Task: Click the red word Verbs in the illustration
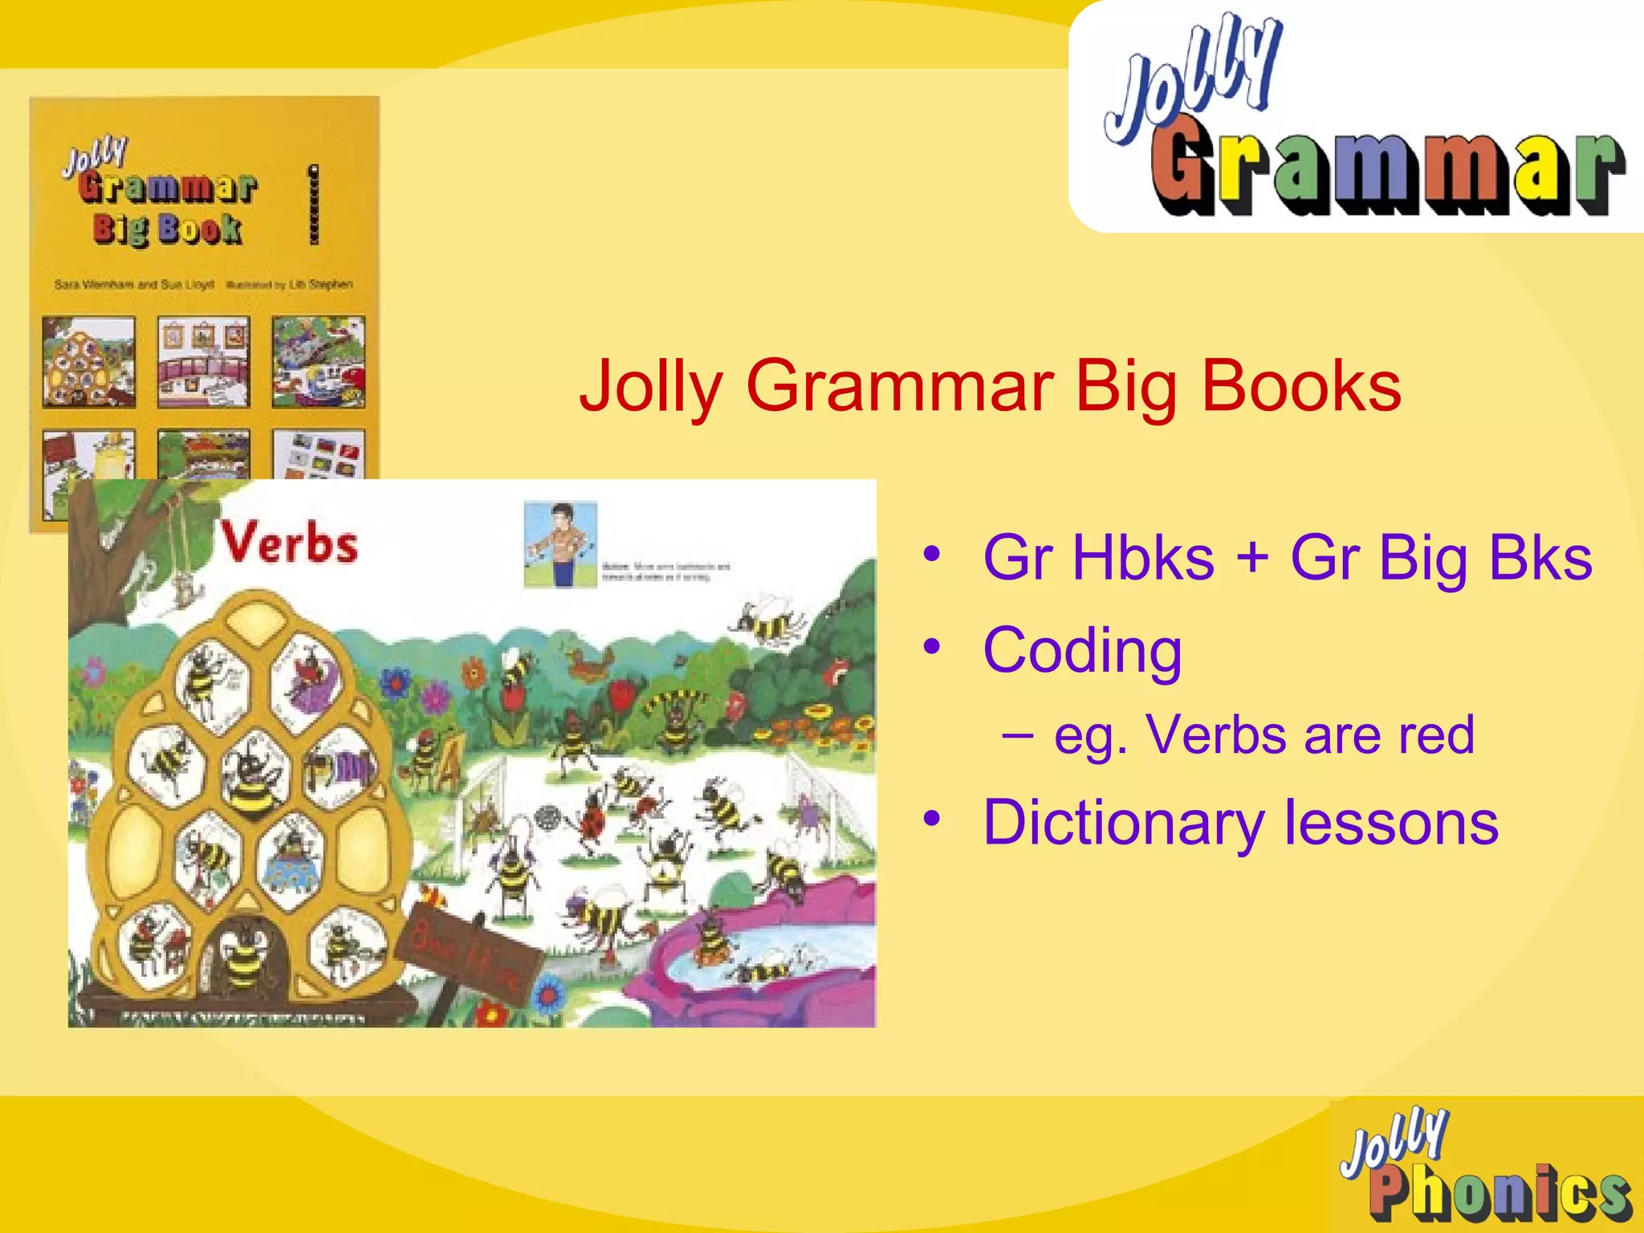point(289,543)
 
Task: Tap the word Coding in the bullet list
point(1082,650)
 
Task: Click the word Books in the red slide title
point(1300,387)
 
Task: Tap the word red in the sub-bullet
point(1436,735)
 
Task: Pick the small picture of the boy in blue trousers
point(560,543)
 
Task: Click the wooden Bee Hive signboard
point(466,952)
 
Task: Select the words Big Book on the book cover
point(167,229)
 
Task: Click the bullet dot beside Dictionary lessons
point(931,820)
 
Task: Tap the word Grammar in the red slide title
point(899,387)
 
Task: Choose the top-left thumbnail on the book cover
point(88,361)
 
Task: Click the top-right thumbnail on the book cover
point(318,361)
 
